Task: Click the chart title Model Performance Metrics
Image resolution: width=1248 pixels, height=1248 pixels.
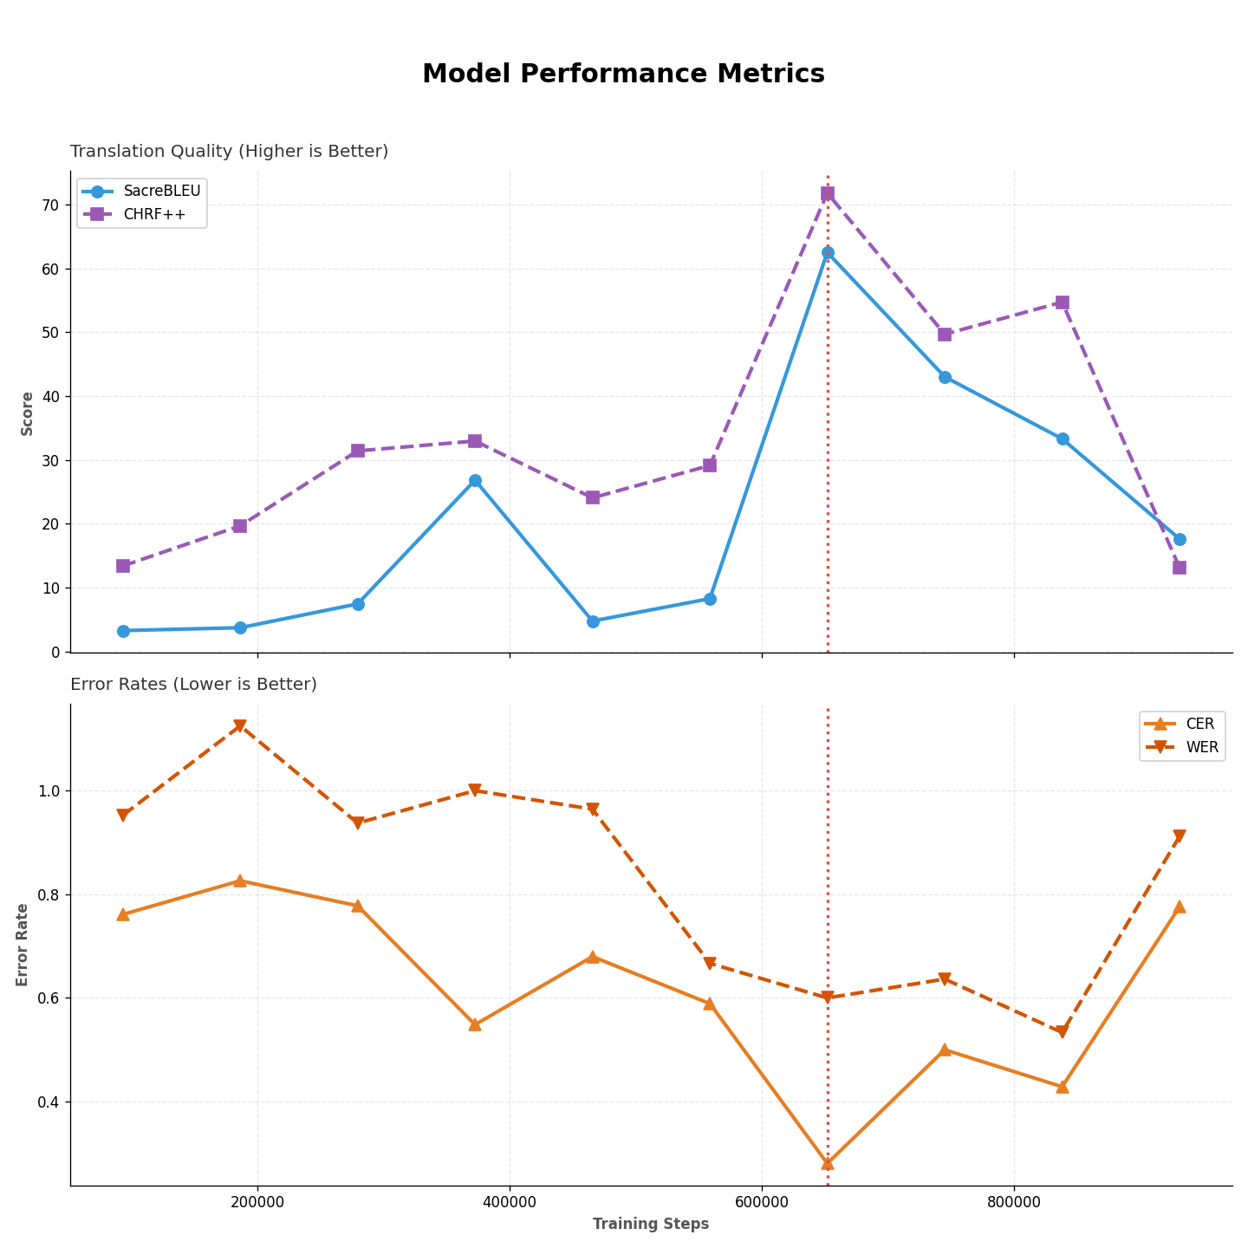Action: (623, 75)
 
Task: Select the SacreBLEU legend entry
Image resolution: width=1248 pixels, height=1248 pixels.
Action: (161, 192)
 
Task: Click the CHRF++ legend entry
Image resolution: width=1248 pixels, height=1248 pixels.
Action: (154, 214)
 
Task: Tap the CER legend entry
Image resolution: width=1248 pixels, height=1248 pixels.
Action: (1200, 725)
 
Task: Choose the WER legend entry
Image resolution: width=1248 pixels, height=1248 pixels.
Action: (1202, 747)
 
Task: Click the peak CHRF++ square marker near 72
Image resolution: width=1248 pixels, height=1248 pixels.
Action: (828, 193)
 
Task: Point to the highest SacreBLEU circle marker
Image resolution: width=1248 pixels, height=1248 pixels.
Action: (828, 253)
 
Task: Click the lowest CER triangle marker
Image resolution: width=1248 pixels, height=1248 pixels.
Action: (828, 1163)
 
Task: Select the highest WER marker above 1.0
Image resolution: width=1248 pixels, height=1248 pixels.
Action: (240, 726)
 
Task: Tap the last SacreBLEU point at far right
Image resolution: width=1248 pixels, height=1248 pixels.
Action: (1180, 539)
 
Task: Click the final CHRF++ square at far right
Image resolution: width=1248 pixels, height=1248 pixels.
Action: (1180, 568)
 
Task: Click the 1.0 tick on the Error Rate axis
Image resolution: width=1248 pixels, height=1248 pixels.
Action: (49, 791)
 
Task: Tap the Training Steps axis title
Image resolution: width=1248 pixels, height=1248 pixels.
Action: (651, 1225)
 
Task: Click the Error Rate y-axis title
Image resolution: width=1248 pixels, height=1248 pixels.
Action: (23, 945)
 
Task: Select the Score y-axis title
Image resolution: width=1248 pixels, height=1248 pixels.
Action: (27, 413)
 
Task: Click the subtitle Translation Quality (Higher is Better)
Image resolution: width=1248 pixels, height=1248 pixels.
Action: (230, 152)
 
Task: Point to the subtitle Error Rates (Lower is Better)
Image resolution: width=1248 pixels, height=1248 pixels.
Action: (194, 685)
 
